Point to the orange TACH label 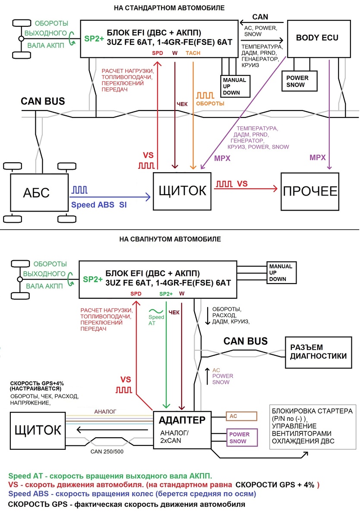coord(193,53)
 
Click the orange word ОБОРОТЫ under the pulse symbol coord(210,103)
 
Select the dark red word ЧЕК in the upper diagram coord(182,104)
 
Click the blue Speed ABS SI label coord(99,205)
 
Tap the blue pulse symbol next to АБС coord(79,190)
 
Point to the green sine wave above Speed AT coord(156,311)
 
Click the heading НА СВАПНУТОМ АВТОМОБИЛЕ coord(170,239)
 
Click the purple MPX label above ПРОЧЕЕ coord(317,158)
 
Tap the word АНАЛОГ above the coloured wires coord(105,412)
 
